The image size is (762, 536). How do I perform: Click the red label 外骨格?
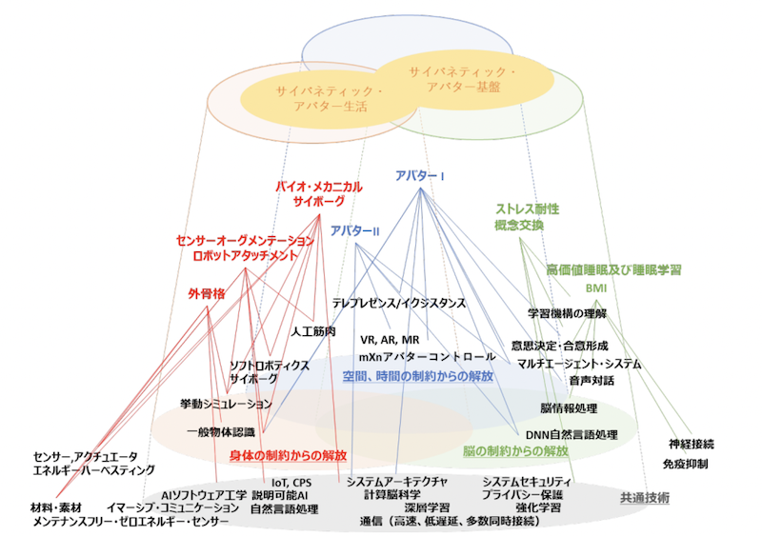click(x=206, y=294)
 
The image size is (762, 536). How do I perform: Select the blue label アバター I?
click(x=420, y=176)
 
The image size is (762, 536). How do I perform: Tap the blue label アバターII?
click(x=355, y=231)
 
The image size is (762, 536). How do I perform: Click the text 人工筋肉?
click(x=313, y=332)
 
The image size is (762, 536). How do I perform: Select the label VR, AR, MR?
click(x=391, y=340)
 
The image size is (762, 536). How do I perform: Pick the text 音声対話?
click(x=591, y=381)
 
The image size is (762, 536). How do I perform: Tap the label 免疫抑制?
click(x=685, y=464)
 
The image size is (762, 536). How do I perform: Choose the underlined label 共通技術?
click(x=645, y=497)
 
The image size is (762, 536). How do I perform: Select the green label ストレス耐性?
click(x=526, y=208)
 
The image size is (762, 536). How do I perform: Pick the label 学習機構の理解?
click(x=568, y=313)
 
